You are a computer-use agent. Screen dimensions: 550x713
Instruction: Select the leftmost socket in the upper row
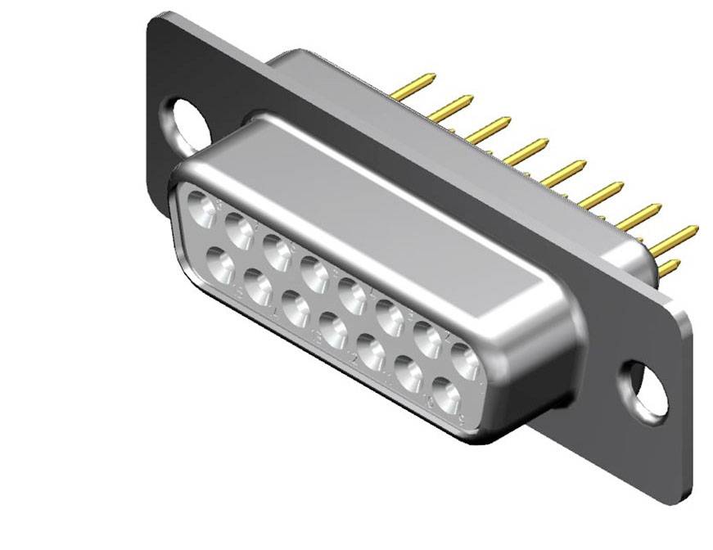(201, 210)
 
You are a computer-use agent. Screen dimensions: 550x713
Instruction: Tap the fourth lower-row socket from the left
(332, 330)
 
